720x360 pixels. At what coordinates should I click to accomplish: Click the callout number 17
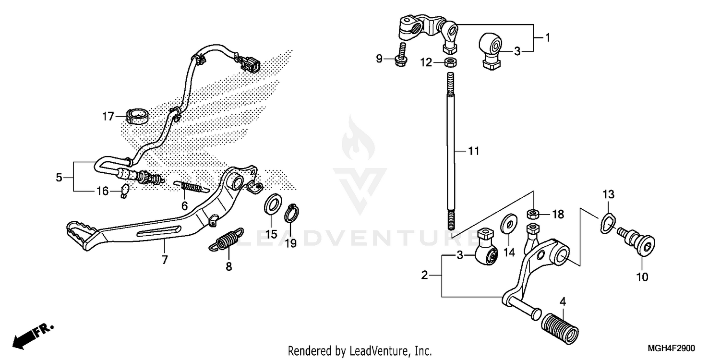coord(108,116)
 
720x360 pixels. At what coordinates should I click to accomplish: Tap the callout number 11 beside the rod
coord(473,151)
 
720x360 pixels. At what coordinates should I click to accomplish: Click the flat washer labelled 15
coord(273,204)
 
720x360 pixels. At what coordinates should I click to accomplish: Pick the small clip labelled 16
coord(125,191)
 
